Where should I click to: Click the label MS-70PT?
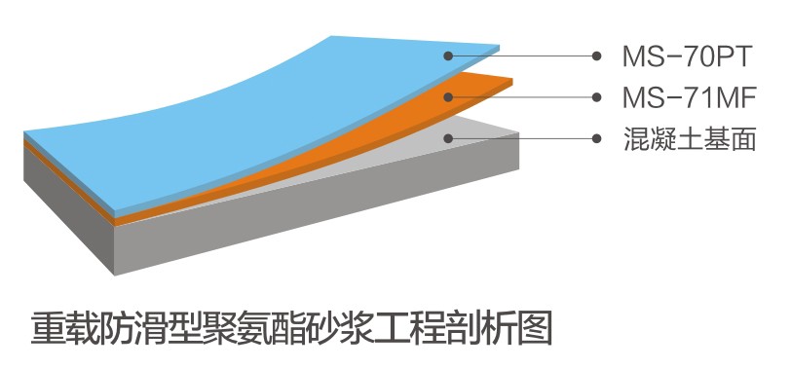click(x=686, y=56)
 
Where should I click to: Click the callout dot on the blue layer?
click(x=449, y=55)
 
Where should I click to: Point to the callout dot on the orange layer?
click(x=449, y=96)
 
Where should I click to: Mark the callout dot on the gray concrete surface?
click(x=449, y=138)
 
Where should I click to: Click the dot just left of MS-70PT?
click(x=595, y=55)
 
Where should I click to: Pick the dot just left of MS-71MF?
click(x=595, y=96)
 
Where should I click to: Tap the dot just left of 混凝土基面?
click(x=595, y=138)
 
